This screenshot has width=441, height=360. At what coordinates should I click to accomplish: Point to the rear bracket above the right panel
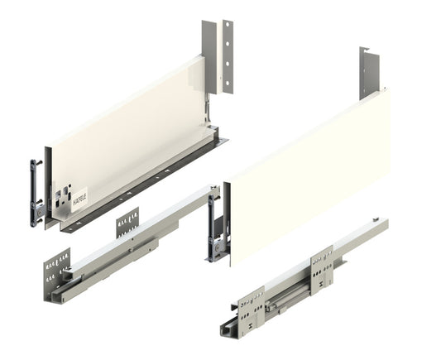coord(368,74)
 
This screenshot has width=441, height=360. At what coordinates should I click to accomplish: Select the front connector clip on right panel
coord(217,228)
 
